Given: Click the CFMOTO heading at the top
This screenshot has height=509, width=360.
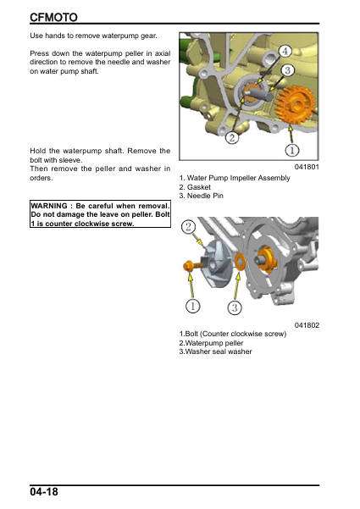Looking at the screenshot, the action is coord(53,17).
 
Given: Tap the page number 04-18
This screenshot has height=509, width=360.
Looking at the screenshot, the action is coord(44,491).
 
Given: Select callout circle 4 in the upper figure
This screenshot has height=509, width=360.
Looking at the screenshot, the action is coord(285,52).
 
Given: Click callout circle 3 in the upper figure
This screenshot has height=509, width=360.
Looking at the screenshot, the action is coord(288,70).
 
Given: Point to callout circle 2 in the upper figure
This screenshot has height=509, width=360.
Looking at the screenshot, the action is coord(232,138).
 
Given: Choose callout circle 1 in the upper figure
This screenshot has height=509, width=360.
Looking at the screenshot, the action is coord(292,150).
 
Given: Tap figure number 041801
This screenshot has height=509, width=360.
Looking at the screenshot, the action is coord(307,167).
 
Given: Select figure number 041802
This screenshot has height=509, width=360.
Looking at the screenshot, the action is coord(307,325).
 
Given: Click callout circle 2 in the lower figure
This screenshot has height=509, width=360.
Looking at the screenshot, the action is coord(188,226).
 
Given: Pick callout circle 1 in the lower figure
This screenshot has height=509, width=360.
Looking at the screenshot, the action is coord(192,306).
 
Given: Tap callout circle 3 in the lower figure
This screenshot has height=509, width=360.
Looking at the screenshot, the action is coord(235,307).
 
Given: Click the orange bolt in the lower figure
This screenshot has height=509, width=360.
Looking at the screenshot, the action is coord(191,267).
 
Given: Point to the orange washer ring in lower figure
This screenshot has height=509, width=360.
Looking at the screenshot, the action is coord(240,262).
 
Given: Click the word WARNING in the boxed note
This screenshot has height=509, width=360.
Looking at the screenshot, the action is coord(49,206).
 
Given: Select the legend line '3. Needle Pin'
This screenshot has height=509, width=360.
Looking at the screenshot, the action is coord(202,196).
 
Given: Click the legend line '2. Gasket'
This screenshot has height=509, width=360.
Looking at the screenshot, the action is coord(195,187).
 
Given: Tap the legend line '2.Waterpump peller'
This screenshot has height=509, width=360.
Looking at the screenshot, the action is coord(211,343).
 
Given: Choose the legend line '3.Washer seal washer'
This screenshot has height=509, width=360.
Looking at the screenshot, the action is coord(215,351).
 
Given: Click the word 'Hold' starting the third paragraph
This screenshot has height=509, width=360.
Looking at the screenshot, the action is coord(37,151).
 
